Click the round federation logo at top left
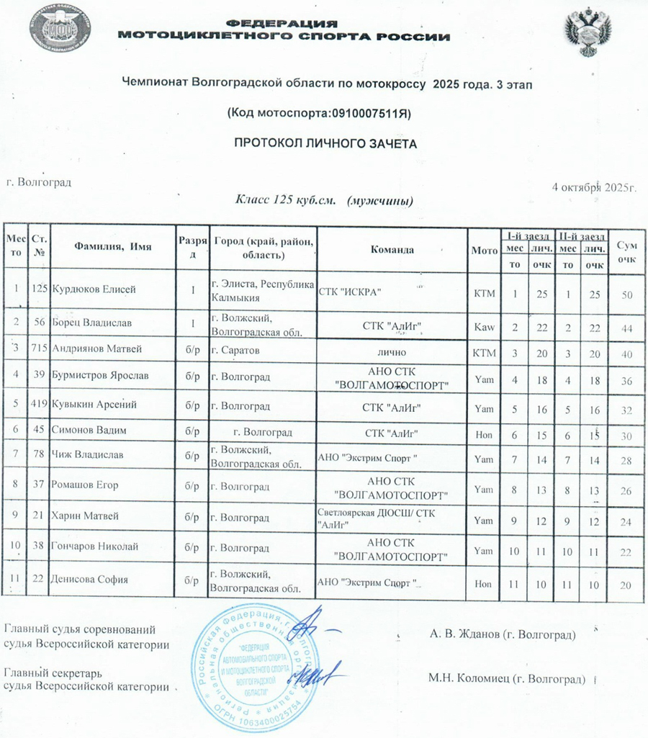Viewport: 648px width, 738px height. (60, 30)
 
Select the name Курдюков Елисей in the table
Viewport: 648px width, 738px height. (94, 289)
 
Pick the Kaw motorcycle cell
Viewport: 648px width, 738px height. (483, 327)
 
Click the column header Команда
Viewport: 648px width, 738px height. (392, 250)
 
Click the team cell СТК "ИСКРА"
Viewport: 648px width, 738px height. (350, 290)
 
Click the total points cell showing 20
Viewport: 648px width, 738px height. (626, 584)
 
